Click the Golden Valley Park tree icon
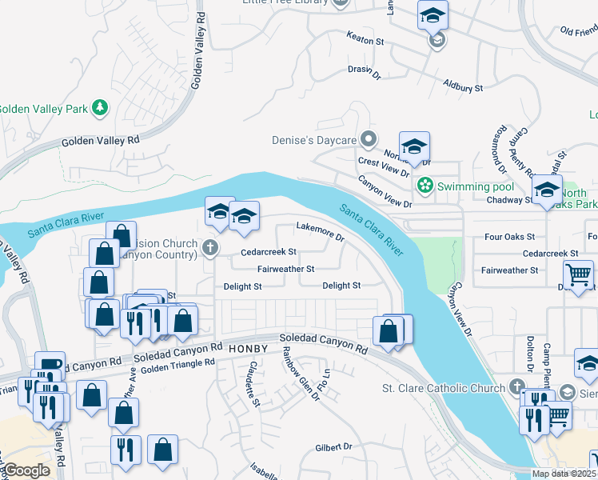100,108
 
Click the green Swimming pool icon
425,186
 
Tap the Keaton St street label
365,38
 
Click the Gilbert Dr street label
333,446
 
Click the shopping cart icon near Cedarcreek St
578,274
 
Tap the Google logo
26,470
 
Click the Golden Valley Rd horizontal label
100,141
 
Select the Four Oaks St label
509,237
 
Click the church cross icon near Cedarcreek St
210,247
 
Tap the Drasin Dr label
364,70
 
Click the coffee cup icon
49,365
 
